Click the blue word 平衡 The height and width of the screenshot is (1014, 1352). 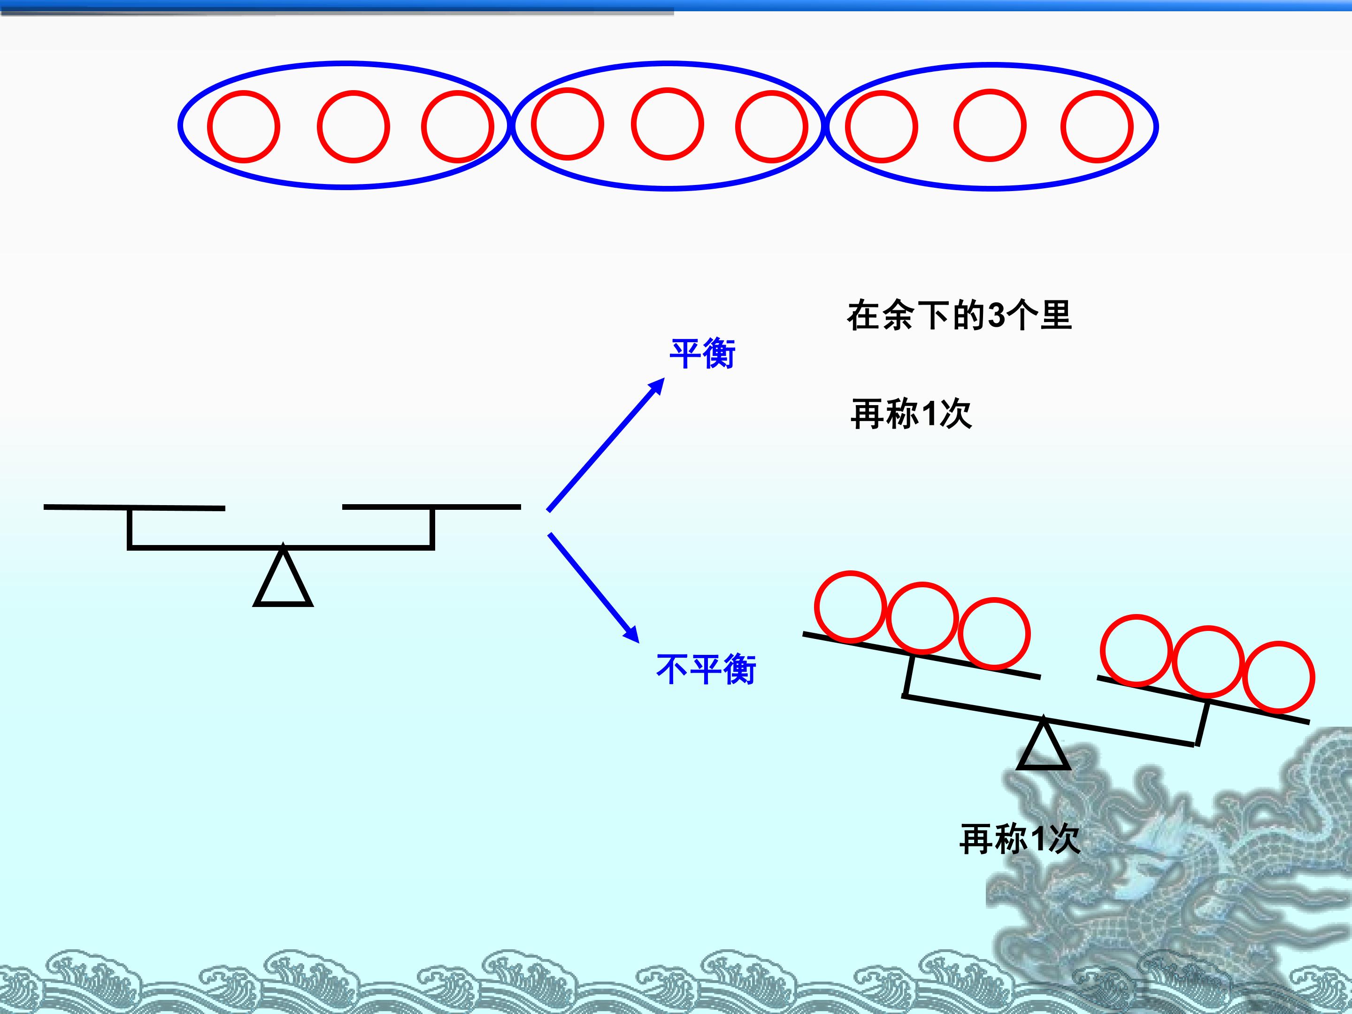(x=702, y=353)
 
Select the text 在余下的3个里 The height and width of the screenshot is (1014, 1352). (x=959, y=316)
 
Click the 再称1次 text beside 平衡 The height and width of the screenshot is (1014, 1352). (x=911, y=414)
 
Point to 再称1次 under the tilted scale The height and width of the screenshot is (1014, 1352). (x=1020, y=838)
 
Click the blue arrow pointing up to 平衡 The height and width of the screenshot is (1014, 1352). (x=606, y=445)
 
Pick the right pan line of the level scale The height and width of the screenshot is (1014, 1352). (x=431, y=507)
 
